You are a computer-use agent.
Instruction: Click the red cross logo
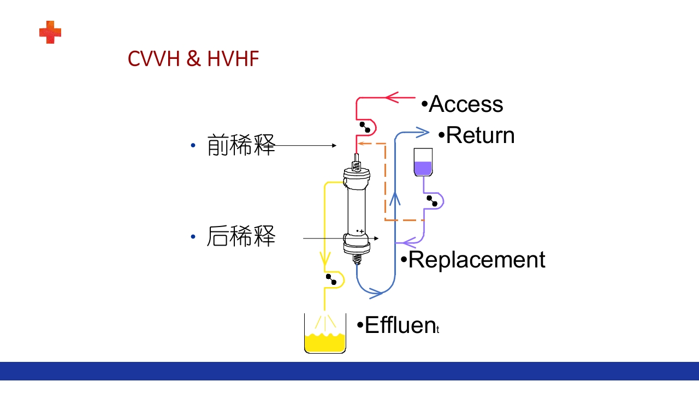point(50,32)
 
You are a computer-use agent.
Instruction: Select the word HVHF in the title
point(233,59)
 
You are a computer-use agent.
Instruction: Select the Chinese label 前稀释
point(241,146)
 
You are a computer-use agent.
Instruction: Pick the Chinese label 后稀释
point(241,237)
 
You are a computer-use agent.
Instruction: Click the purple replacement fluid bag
point(423,163)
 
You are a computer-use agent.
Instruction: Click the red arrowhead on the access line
point(394,98)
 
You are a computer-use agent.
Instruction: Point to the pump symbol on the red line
point(365,127)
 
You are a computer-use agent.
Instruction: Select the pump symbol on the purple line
point(432,201)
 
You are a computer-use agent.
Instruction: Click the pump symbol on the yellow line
point(331,279)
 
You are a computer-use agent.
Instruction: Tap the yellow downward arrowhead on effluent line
point(325,255)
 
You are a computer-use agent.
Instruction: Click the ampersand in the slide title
point(193,59)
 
